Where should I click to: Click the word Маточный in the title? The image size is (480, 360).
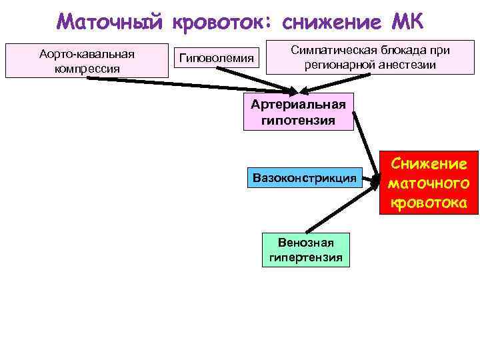[109, 21]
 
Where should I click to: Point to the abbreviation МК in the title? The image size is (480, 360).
[403, 21]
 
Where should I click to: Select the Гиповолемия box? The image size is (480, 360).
[217, 59]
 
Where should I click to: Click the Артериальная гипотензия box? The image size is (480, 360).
[299, 111]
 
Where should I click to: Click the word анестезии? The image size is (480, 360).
[407, 65]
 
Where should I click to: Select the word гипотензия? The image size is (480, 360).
[299, 120]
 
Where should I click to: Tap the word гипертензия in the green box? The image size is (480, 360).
[306, 257]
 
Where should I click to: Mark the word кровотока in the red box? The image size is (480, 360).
[429, 201]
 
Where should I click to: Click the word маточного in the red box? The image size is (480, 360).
[429, 183]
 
